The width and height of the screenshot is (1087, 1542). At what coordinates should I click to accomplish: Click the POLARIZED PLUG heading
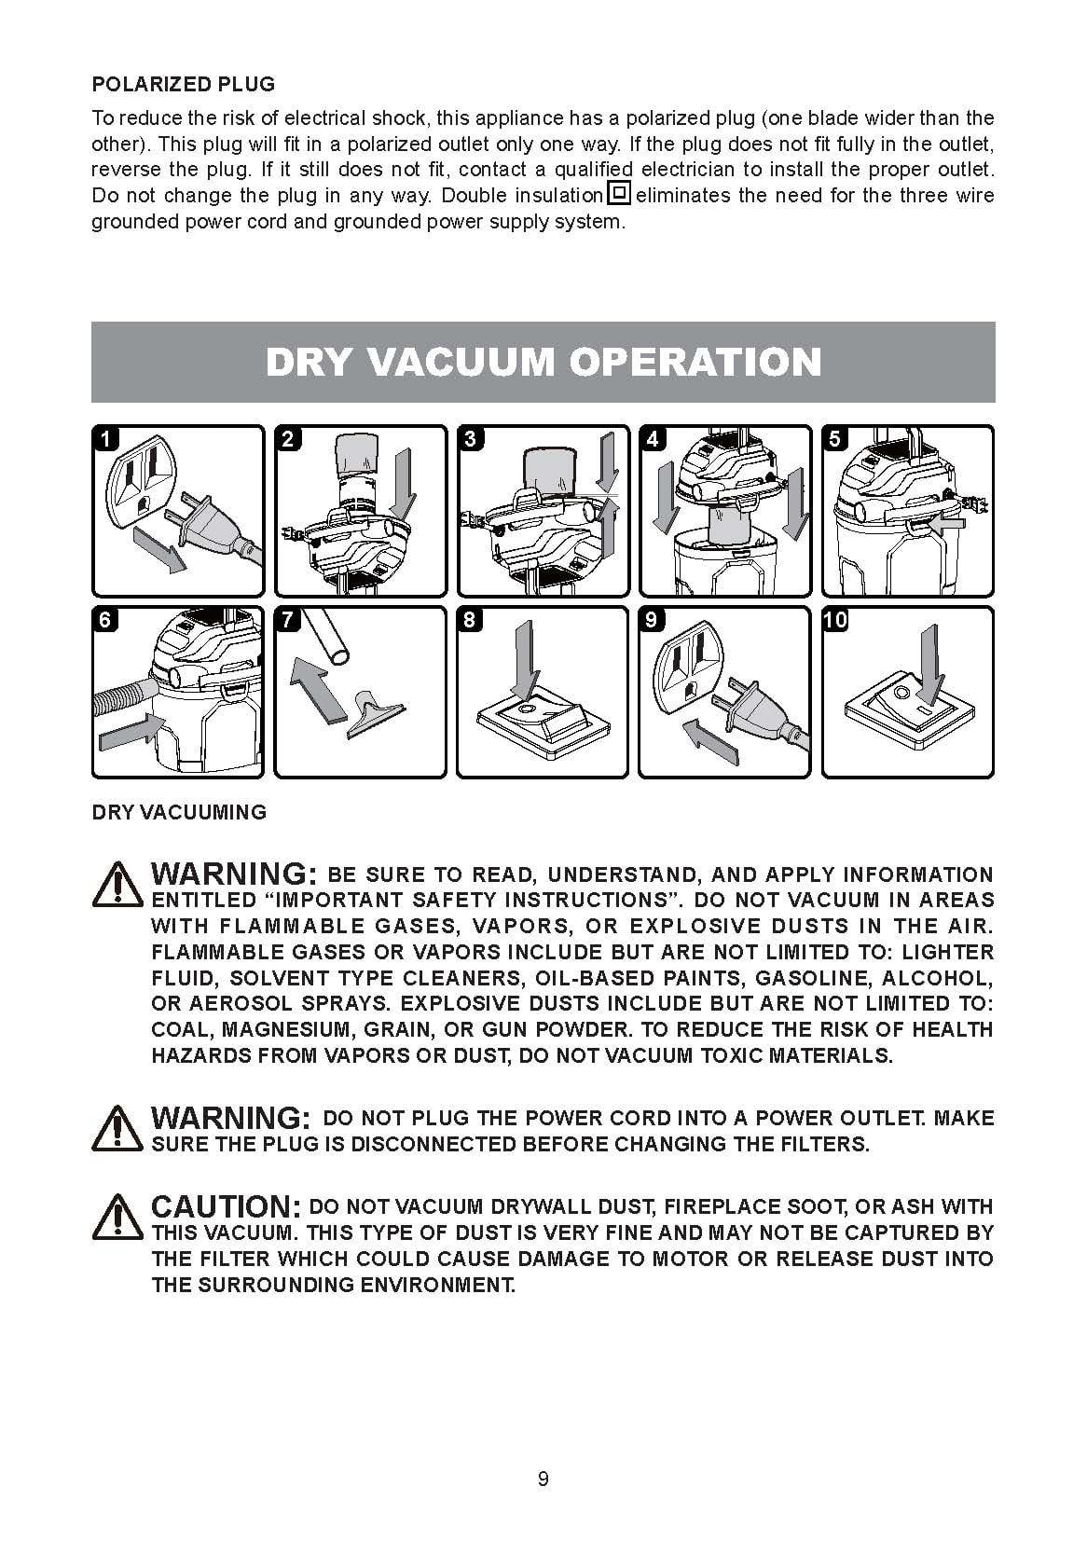click(183, 84)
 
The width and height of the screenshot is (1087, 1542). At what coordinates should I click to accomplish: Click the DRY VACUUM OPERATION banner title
click(543, 362)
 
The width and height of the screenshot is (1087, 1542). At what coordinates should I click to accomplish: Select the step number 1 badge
click(106, 438)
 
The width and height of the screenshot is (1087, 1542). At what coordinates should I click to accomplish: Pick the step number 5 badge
click(835, 438)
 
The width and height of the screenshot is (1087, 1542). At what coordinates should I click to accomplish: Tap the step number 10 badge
click(835, 620)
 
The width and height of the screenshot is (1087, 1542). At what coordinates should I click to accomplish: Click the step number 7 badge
click(288, 620)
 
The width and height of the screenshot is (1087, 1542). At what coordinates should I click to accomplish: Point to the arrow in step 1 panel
click(159, 548)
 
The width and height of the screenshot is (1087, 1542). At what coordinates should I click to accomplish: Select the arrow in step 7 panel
click(317, 688)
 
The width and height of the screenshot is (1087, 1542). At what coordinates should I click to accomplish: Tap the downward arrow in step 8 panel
click(526, 661)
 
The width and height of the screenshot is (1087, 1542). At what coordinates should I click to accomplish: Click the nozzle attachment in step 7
click(376, 716)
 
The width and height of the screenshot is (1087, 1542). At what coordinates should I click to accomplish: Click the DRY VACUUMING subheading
click(179, 812)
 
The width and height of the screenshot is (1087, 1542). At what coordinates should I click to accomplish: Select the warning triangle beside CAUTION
click(117, 1217)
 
